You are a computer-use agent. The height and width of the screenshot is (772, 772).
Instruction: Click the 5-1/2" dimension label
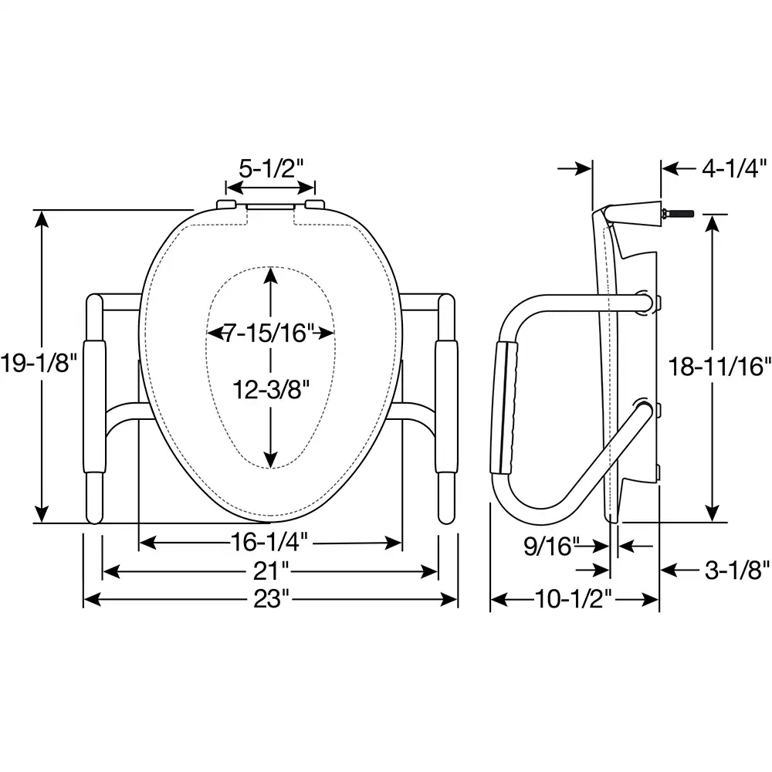[x=269, y=168]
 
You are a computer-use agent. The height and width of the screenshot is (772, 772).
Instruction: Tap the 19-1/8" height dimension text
[x=38, y=364]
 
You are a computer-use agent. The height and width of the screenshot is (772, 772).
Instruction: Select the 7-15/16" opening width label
[x=271, y=334]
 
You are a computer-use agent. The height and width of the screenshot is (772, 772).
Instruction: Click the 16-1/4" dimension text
[x=270, y=543]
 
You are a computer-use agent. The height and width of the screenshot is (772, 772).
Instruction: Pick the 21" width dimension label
[x=270, y=571]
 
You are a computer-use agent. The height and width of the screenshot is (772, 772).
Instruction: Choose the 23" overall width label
[x=270, y=599]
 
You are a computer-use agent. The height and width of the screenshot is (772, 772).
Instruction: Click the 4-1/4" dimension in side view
[x=730, y=168]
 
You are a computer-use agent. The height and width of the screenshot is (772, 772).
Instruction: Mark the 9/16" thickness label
[x=551, y=547]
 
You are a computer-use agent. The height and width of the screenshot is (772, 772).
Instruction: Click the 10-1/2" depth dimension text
[x=574, y=599]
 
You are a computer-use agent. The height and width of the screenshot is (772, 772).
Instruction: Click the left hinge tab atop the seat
[x=225, y=203]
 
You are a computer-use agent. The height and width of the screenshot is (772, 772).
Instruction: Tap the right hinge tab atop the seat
[x=316, y=203]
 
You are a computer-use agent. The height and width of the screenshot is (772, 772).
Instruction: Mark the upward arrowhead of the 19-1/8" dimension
[x=43, y=219]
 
